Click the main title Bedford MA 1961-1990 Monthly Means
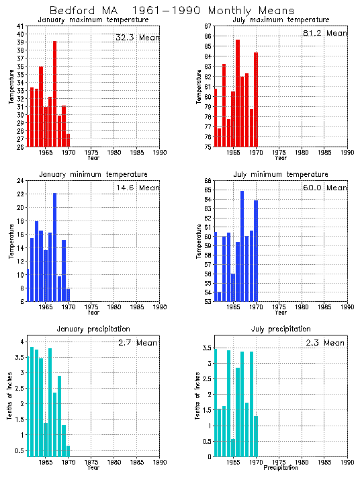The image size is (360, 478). tap(172, 11)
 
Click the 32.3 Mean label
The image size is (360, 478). tap(137, 38)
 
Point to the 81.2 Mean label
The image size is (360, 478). tap(325, 33)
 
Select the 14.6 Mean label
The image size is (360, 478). tap(137, 188)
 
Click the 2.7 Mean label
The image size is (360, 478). tap(137, 343)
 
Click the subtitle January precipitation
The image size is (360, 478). tap(93, 329)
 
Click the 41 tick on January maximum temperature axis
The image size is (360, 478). tap(21, 26)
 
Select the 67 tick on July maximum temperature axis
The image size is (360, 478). tap(208, 26)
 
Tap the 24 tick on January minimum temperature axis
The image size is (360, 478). tap(21, 180)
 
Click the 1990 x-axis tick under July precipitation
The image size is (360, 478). tap(347, 463)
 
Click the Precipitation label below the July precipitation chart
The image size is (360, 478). tap(281, 468)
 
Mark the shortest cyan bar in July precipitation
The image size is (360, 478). tap(233, 448)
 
